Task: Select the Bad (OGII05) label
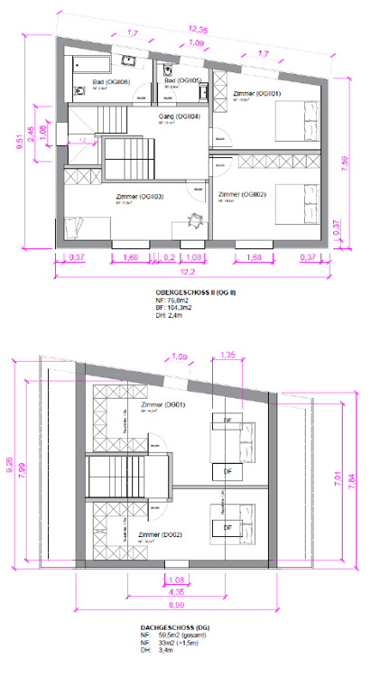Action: click(x=183, y=82)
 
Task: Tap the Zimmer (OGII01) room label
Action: click(x=258, y=94)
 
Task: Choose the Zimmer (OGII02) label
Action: click(x=241, y=194)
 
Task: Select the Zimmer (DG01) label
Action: click(x=162, y=404)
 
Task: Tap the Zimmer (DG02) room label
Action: click(x=161, y=535)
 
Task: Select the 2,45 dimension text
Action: click(x=32, y=133)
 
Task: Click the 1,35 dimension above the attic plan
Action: click(x=227, y=355)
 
